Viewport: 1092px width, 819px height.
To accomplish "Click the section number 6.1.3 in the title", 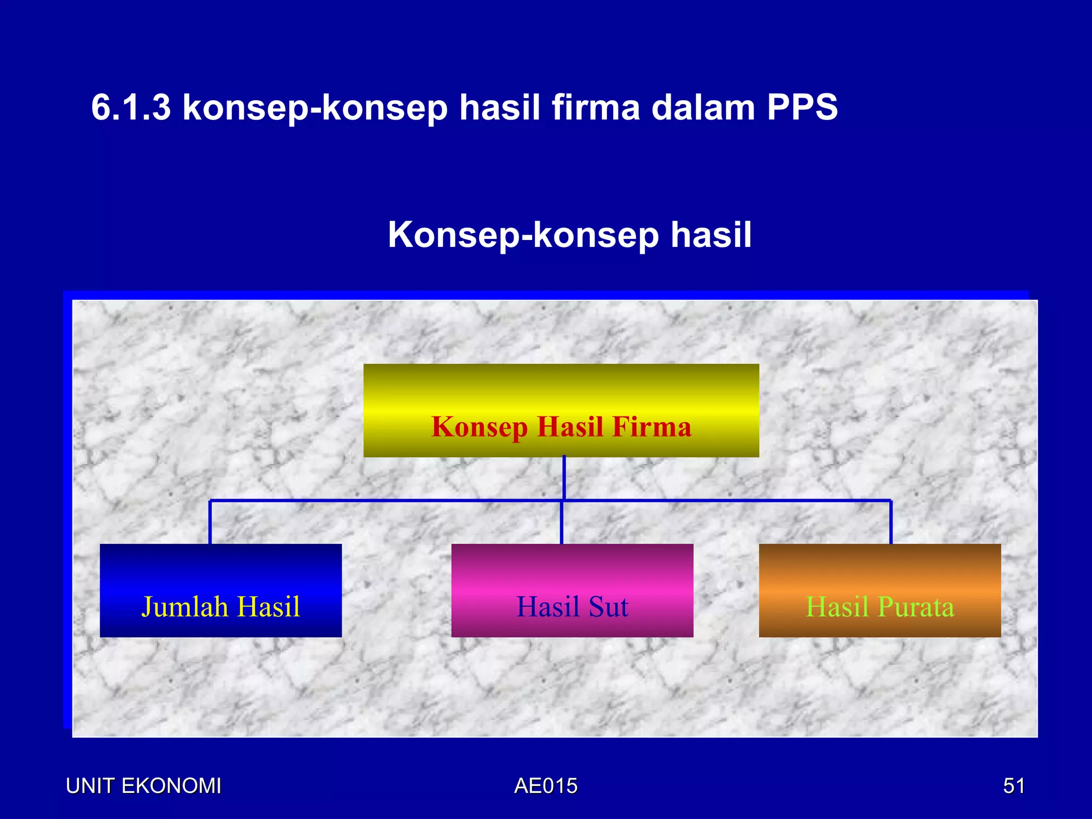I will [131, 107].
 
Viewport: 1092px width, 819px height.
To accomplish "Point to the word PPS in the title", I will [802, 107].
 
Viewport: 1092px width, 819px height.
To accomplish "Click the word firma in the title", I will [595, 107].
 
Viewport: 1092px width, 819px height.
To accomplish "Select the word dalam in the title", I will [703, 107].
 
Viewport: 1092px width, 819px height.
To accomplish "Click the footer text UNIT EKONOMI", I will [143, 786].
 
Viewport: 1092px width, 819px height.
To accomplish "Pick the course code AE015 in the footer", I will [545, 786].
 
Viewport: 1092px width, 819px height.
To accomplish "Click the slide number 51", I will [1014, 786].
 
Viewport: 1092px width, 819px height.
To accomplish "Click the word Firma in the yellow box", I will [652, 427].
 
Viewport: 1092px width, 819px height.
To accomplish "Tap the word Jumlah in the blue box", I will [184, 607].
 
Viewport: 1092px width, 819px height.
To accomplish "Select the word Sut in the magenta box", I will [608, 607].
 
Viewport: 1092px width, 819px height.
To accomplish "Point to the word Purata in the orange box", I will [916, 607].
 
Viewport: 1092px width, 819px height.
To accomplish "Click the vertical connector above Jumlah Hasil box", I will [210, 523].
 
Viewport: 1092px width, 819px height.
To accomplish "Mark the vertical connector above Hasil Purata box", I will [890, 523].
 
